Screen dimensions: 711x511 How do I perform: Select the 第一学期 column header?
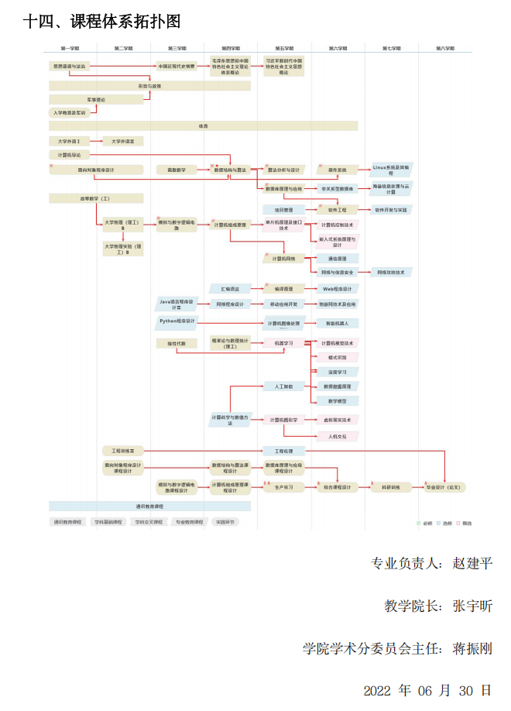70,48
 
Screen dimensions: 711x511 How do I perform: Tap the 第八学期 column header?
444,48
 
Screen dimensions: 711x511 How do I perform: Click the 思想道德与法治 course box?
70,66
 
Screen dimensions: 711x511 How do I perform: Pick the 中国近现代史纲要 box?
178,66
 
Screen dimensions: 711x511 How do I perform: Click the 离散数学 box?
177,170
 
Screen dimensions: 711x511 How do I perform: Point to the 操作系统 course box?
338,170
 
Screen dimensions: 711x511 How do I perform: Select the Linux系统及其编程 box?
391,170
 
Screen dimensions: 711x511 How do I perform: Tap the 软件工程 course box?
338,209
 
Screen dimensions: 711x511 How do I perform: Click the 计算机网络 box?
283,258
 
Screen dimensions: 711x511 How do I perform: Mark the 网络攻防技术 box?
391,272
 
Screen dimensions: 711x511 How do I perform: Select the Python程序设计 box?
178,320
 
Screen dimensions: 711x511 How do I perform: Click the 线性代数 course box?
177,342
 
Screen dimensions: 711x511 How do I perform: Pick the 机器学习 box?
283,342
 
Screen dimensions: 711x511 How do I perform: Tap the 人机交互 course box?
338,436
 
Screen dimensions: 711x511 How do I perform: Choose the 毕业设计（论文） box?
444,487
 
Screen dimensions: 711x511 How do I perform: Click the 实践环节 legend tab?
226,522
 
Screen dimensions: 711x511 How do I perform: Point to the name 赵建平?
472,563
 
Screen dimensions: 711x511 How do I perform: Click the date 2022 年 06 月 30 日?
427,689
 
